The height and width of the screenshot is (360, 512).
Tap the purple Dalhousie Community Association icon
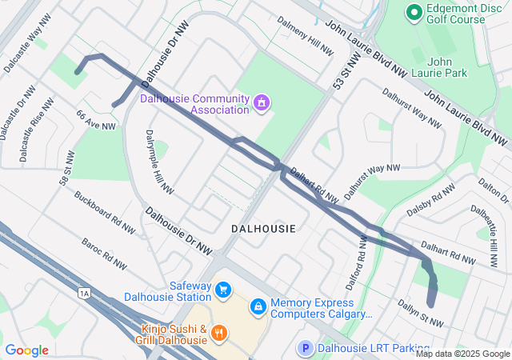[x=260, y=102]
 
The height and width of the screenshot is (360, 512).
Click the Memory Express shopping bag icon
[x=258, y=306]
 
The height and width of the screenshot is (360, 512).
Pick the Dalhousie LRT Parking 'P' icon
[x=305, y=348]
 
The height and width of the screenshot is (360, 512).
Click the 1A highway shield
[x=84, y=294]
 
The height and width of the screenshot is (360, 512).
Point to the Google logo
[x=26, y=350]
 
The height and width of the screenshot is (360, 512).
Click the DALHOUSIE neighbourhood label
[x=263, y=229]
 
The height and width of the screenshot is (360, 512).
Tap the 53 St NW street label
[x=345, y=70]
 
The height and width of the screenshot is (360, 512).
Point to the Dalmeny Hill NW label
[x=305, y=36]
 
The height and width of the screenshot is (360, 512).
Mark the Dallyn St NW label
[x=421, y=311]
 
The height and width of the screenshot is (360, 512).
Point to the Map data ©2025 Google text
[x=462, y=354]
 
